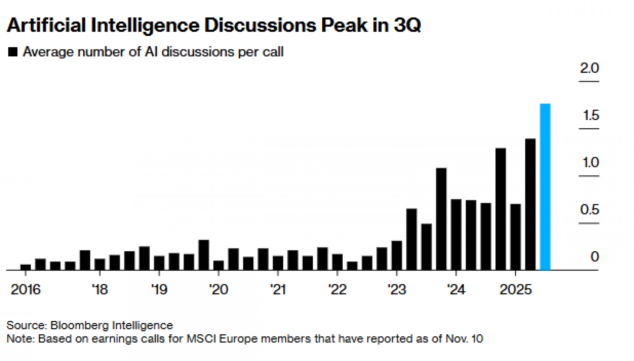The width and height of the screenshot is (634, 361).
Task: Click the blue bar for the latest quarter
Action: [545, 187]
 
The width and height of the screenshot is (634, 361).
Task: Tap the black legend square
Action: [13, 52]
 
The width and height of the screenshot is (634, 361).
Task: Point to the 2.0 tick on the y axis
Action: [589, 68]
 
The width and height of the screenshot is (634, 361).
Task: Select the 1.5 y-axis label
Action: [591, 115]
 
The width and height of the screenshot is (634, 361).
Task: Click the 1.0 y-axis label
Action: [591, 163]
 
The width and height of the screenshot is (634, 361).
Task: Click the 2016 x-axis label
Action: [26, 290]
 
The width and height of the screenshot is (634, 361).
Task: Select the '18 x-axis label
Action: [100, 290]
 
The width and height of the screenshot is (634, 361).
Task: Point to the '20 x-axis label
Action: [218, 290]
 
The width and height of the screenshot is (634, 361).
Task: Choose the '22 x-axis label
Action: [337, 290]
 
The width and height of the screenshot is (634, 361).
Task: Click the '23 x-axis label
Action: [397, 290]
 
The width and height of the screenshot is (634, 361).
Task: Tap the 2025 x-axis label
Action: [515, 290]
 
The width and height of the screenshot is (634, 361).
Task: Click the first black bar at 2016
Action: [26, 267]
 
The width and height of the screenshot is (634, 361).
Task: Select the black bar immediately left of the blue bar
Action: [530, 204]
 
